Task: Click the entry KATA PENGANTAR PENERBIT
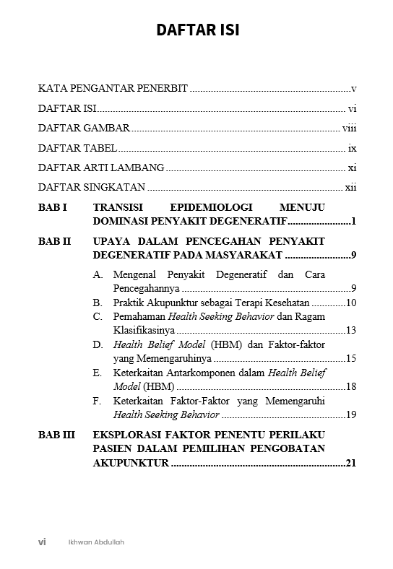point(113,89)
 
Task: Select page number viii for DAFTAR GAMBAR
point(350,129)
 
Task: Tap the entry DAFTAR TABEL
point(77,148)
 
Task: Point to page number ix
point(353,148)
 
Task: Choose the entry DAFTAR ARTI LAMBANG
point(101,168)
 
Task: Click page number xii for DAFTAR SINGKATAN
point(351,188)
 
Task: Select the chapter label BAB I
point(53,207)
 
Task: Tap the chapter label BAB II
point(54,241)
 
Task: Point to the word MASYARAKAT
point(245,255)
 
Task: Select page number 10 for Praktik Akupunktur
point(351,303)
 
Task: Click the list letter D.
point(98,344)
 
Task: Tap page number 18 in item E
point(351,386)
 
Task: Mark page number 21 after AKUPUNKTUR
point(351,463)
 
